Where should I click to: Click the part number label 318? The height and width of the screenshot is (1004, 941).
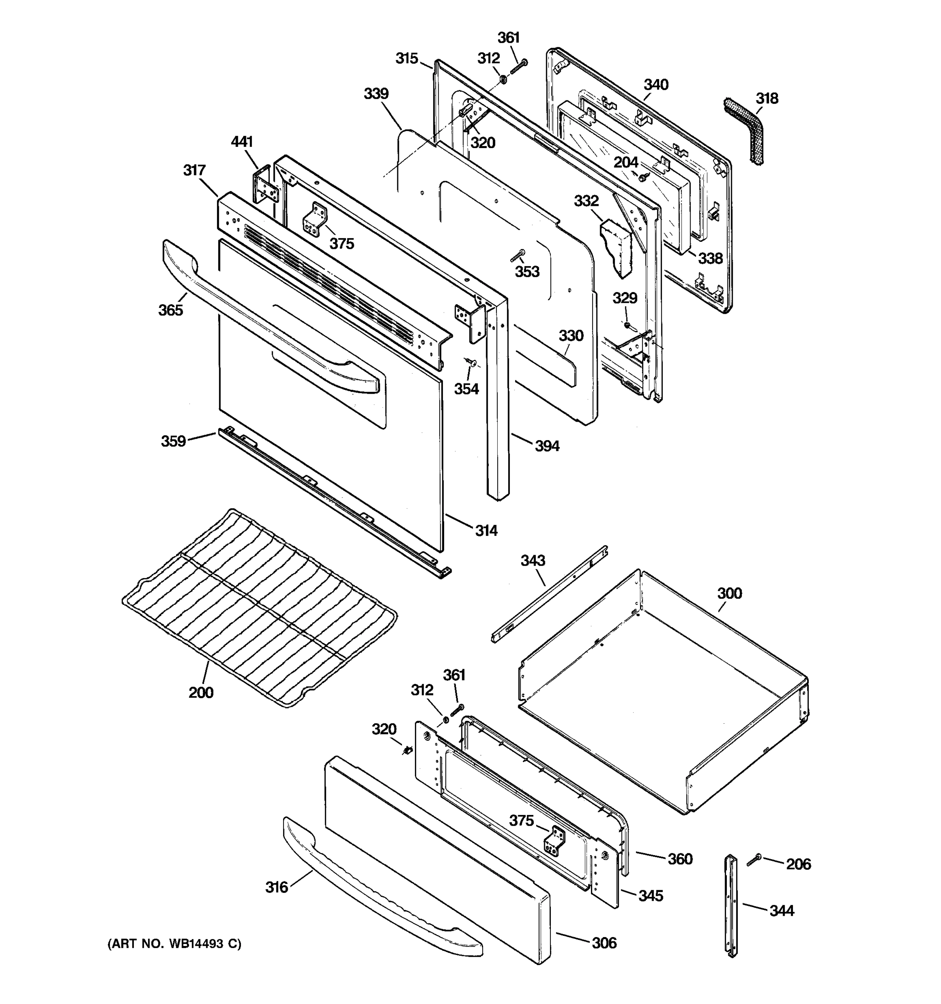pos(767,98)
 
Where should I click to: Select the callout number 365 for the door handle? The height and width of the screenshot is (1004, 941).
pos(170,310)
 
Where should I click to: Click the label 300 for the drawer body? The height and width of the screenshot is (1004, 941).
pos(729,594)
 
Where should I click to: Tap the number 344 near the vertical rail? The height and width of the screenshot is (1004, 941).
pos(782,911)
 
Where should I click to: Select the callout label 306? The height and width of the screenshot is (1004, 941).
pos(604,943)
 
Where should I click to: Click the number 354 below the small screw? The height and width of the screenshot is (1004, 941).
pos(466,389)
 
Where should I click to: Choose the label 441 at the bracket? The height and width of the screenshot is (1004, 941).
pos(241,142)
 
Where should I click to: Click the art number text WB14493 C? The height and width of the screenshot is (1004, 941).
pos(174,943)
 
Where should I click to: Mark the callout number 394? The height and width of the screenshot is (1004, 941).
pos(547,446)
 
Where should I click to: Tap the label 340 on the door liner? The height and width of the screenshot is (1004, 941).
pos(656,85)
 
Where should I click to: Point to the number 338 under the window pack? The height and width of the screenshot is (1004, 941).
pos(710,259)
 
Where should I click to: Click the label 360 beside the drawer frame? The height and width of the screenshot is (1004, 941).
pos(680,858)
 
